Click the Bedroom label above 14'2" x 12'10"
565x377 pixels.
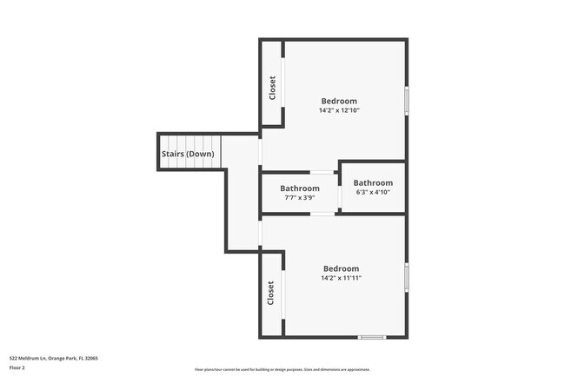click(x=339, y=100)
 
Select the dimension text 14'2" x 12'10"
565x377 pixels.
click(x=339, y=110)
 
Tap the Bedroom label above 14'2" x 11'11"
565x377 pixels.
click(x=341, y=268)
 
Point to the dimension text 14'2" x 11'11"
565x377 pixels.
click(x=341, y=279)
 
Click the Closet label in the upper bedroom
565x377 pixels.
click(x=272, y=89)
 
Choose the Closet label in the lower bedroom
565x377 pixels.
click(x=271, y=293)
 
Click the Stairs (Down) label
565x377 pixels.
click(x=187, y=155)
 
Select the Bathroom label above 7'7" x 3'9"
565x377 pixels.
click(x=299, y=188)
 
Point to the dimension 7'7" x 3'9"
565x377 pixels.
click(x=299, y=198)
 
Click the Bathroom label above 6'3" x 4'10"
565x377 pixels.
click(x=373, y=183)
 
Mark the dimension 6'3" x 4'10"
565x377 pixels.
click(x=373, y=193)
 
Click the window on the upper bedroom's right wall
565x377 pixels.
click(x=406, y=100)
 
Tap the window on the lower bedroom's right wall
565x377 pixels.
click(x=406, y=275)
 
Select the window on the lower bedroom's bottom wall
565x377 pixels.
click(x=372, y=337)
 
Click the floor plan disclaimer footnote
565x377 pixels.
click(x=282, y=369)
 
